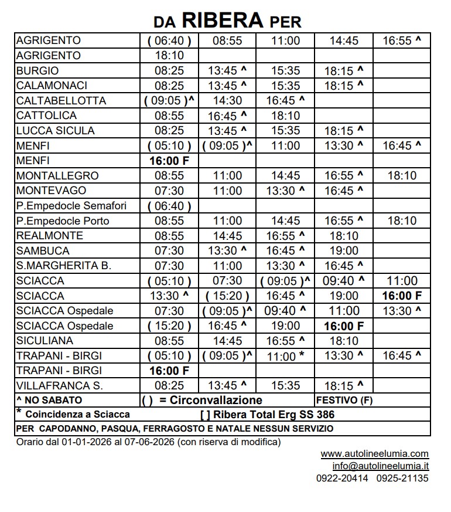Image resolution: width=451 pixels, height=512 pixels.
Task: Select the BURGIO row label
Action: coord(37,70)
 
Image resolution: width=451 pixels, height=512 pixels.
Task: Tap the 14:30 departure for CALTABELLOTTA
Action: coord(227,101)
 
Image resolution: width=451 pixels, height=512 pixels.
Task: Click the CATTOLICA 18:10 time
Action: coord(286,116)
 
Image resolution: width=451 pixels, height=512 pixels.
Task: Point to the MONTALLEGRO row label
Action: coord(57,175)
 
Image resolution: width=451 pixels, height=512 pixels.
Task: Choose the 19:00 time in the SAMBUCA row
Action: coord(344,251)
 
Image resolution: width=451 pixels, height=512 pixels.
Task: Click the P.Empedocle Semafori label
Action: coord(71,206)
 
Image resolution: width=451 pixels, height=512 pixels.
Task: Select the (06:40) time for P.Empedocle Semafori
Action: coord(169,206)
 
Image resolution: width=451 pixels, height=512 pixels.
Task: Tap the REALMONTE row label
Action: coord(50,236)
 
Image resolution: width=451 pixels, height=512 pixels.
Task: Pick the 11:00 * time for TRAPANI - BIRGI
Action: coord(286,356)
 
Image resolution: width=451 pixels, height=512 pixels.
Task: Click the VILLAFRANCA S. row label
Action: coord(60,386)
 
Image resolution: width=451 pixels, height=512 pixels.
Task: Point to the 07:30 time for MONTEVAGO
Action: coord(169,191)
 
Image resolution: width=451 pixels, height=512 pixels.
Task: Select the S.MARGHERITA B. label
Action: coord(64,266)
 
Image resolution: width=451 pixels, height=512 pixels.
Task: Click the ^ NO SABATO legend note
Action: coord(49,401)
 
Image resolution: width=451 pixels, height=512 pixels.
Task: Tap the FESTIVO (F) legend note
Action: coord(344,401)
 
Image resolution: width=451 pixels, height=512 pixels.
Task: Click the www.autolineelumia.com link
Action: coord(375,453)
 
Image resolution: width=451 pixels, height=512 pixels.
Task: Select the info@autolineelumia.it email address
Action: coord(381,466)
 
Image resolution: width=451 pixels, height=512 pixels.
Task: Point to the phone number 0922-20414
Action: coord(343,478)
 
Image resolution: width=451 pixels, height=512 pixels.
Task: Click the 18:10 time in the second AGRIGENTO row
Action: coord(169,56)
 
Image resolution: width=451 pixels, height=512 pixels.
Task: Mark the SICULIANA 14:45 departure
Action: coord(227,341)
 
